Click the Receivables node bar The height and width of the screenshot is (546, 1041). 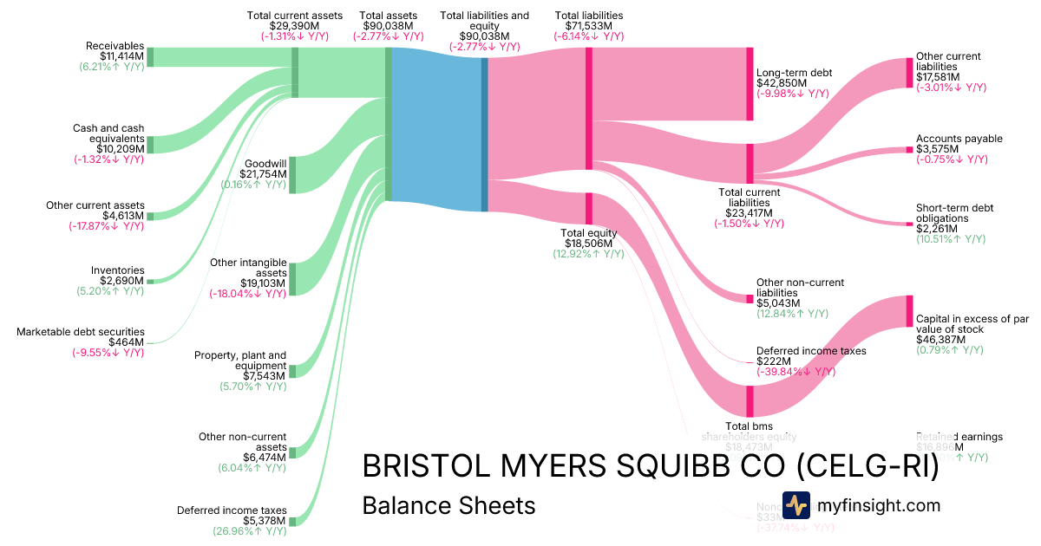coord(150,57)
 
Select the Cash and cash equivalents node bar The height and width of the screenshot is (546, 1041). coord(150,145)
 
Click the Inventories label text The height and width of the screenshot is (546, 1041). coord(117,270)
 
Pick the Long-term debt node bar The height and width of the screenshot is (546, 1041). coord(750,84)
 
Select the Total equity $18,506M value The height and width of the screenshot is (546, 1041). coord(588,244)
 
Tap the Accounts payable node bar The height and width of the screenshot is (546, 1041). coord(909,150)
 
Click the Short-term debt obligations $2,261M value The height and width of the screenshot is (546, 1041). coord(938,230)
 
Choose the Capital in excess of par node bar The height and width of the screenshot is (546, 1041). coord(909,311)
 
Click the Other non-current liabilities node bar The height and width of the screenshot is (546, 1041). coord(750,299)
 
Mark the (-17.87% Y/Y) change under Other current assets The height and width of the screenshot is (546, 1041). coord(107,226)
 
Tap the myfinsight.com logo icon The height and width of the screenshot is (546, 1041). coord(795,505)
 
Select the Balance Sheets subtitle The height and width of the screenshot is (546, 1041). coord(448,505)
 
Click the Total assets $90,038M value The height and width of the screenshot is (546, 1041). coord(388,26)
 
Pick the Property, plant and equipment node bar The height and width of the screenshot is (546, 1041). coord(292,371)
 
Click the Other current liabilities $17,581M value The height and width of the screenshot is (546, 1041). coord(938,76)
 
